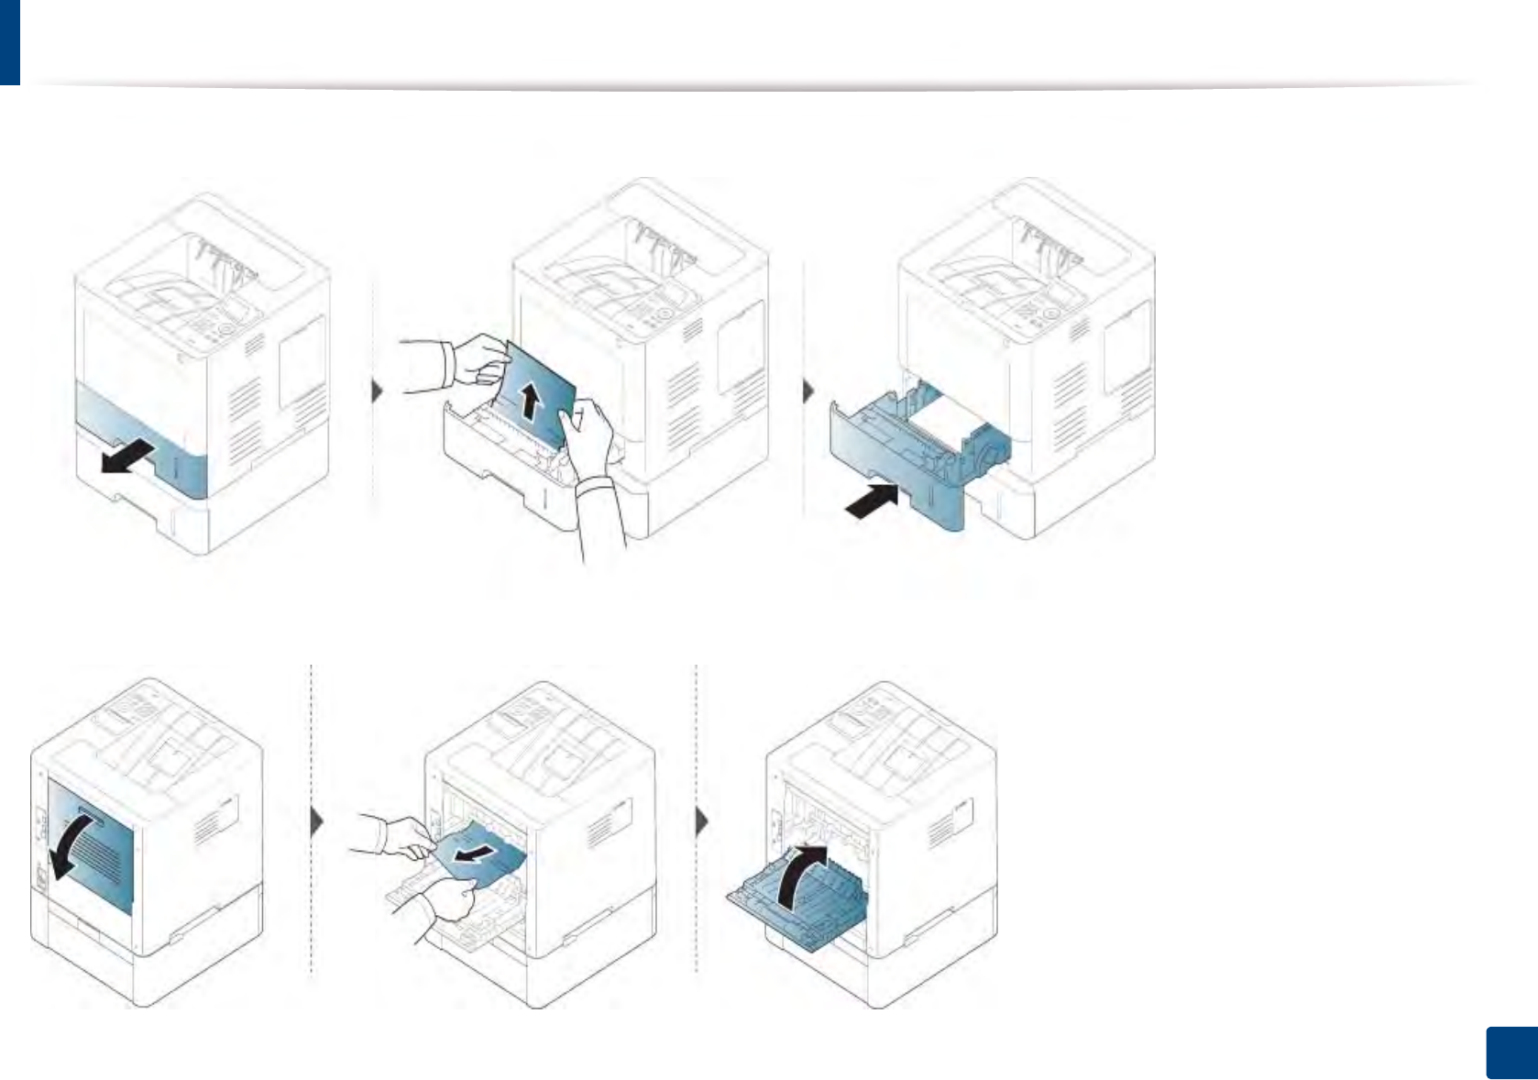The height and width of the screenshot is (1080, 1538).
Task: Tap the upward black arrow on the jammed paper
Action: (529, 402)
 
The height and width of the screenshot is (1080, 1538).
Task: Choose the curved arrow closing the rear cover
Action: (800, 876)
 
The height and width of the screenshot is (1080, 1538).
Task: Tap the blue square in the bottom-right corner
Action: (1510, 1052)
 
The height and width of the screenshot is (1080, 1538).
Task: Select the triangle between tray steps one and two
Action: (378, 391)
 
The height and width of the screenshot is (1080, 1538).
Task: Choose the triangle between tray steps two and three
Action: (808, 391)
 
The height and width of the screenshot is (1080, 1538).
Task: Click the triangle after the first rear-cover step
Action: (318, 821)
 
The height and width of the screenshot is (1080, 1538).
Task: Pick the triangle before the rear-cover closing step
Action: (703, 821)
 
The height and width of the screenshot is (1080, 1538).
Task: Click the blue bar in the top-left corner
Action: (9, 41)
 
